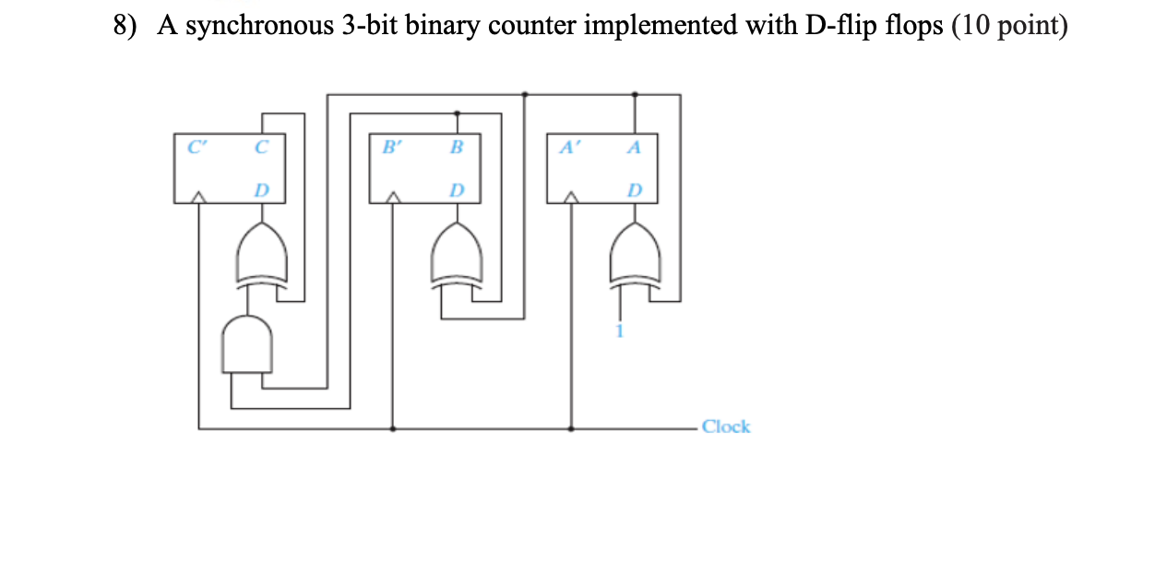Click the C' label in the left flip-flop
click(x=193, y=146)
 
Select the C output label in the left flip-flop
click(x=261, y=146)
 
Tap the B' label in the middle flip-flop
click(x=391, y=146)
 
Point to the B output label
click(x=457, y=146)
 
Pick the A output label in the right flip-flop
click(x=634, y=146)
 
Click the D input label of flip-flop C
click(x=262, y=190)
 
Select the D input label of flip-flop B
click(x=456, y=190)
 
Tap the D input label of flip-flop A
click(x=634, y=190)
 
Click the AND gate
click(x=246, y=344)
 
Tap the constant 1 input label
click(x=622, y=332)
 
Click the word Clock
click(x=726, y=427)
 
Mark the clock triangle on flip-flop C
click(x=199, y=197)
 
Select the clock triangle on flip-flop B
click(x=394, y=197)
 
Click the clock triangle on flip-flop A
click(x=572, y=197)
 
